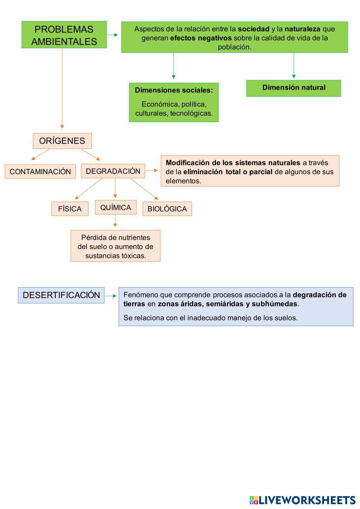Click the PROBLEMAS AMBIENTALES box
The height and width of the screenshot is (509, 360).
pyautogui.click(x=64, y=35)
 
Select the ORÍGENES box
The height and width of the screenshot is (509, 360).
pyautogui.click(x=62, y=141)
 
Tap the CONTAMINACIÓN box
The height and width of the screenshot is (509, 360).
pyautogui.click(x=40, y=171)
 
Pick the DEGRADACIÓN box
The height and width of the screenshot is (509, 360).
pyautogui.click(x=113, y=171)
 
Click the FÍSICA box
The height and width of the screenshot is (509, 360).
pyautogui.click(x=70, y=209)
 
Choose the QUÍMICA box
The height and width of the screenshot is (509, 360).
pyautogui.click(x=116, y=207)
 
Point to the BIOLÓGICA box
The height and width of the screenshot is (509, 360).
pyautogui.click(x=167, y=209)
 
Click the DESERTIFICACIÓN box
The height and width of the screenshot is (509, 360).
pyautogui.click(x=61, y=295)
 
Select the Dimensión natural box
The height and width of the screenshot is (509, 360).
pyautogui.click(x=293, y=88)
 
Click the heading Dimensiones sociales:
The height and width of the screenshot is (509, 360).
pyautogui.click(x=174, y=90)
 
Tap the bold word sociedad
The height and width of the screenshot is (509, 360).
pyautogui.click(x=253, y=29)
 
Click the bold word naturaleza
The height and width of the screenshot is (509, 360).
pyautogui.click(x=302, y=29)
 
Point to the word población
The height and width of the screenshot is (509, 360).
pyautogui.click(x=234, y=47)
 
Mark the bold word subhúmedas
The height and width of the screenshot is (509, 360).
pyautogui.click(x=275, y=304)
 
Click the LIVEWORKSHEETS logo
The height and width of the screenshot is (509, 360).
pyautogui.click(x=302, y=500)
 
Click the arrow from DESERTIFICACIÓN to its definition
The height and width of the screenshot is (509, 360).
pyautogui.click(x=111, y=296)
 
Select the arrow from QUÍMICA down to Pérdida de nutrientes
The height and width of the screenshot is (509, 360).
pyautogui.click(x=115, y=221)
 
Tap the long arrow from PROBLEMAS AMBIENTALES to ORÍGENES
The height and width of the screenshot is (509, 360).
pyautogui.click(x=62, y=88)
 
